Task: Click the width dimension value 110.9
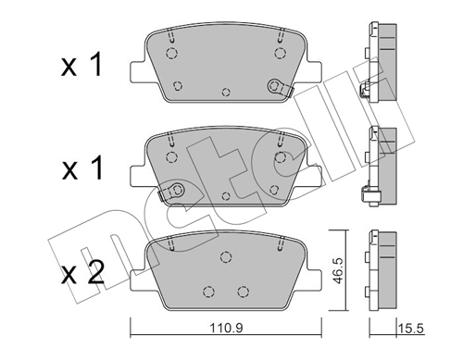pyautogui.click(x=226, y=329)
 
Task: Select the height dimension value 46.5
pyautogui.click(x=338, y=271)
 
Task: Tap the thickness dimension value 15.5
pyautogui.click(x=411, y=329)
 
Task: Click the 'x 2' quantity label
pyautogui.click(x=82, y=272)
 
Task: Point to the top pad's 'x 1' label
pyautogui.click(x=81, y=65)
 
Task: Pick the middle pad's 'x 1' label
pyautogui.click(x=82, y=168)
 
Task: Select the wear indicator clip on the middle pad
pyautogui.click(x=171, y=192)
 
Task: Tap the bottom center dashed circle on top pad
pyautogui.click(x=226, y=92)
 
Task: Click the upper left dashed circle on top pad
pyautogui.click(x=171, y=53)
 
